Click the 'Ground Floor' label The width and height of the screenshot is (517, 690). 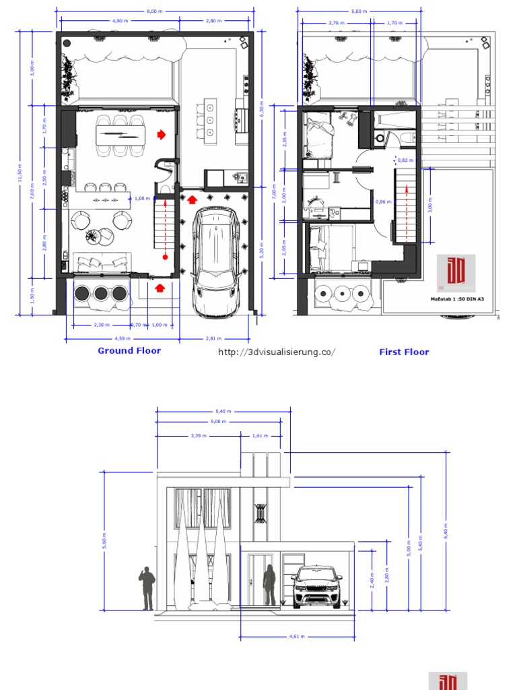click(129, 350)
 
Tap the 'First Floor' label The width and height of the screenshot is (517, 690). click(404, 352)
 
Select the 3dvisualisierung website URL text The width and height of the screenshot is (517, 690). click(277, 352)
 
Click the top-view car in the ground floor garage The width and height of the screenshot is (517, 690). click(216, 261)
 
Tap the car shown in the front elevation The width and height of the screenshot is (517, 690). click(316, 586)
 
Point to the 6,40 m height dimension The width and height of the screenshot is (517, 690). click(446, 532)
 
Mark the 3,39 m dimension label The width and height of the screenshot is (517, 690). click(199, 436)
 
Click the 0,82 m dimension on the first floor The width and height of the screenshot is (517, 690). click(405, 160)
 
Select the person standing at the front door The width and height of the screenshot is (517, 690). click(269, 584)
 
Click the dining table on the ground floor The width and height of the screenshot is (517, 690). click(120, 135)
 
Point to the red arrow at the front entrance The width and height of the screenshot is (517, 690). click(160, 288)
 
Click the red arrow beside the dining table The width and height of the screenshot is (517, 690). click(161, 135)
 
